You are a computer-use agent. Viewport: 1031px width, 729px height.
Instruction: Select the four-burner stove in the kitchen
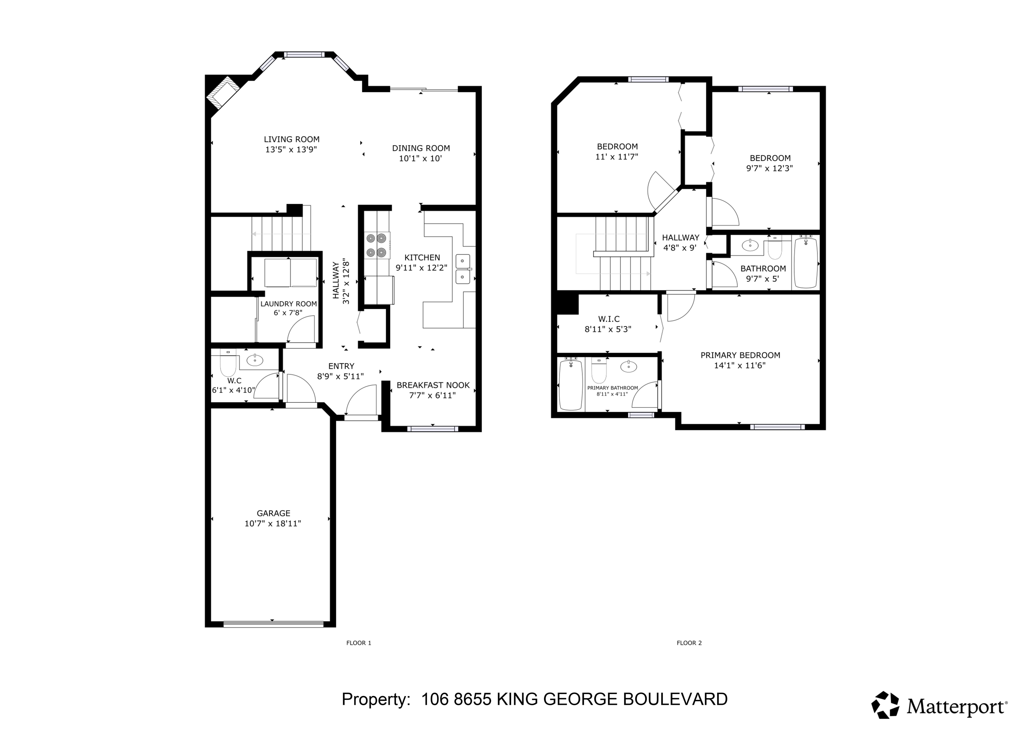(376, 245)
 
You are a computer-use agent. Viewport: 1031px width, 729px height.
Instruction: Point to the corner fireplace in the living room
(223, 93)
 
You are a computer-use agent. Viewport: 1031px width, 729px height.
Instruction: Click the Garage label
(274, 513)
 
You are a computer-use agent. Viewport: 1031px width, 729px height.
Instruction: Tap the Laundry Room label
(289, 304)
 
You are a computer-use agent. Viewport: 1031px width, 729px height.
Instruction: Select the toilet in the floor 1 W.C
(228, 365)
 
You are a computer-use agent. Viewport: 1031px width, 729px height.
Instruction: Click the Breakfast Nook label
(433, 385)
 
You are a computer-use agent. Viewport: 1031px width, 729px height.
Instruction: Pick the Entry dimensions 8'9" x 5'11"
(340, 376)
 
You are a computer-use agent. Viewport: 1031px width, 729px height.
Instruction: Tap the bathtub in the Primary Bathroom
(571, 385)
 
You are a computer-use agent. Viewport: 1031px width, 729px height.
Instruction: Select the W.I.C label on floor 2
(609, 319)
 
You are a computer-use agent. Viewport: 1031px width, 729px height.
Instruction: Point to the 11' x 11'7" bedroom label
(617, 146)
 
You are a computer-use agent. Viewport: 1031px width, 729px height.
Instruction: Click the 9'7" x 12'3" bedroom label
(770, 158)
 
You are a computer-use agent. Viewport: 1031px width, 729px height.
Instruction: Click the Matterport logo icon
(885, 705)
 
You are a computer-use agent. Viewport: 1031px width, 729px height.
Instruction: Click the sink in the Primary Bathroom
(628, 367)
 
